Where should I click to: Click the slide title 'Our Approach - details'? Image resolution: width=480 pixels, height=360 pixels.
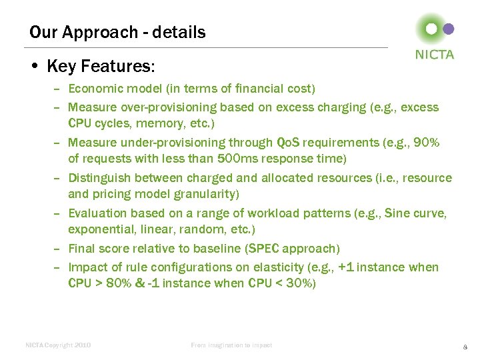tap(117, 32)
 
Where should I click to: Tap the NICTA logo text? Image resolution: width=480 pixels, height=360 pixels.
tap(435, 55)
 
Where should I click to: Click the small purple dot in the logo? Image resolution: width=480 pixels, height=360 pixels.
tap(449, 29)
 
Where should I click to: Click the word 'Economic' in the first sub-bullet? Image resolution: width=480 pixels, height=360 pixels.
tap(93, 89)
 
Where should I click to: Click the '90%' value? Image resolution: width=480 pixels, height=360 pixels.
tap(426, 142)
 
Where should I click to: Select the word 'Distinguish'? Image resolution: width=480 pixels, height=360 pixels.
tap(98, 178)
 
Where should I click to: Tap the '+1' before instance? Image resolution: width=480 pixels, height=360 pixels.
tap(347, 267)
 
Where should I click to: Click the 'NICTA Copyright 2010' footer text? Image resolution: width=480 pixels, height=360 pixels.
tap(58, 345)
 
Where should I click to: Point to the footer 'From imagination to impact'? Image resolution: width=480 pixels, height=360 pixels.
tap(231, 345)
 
